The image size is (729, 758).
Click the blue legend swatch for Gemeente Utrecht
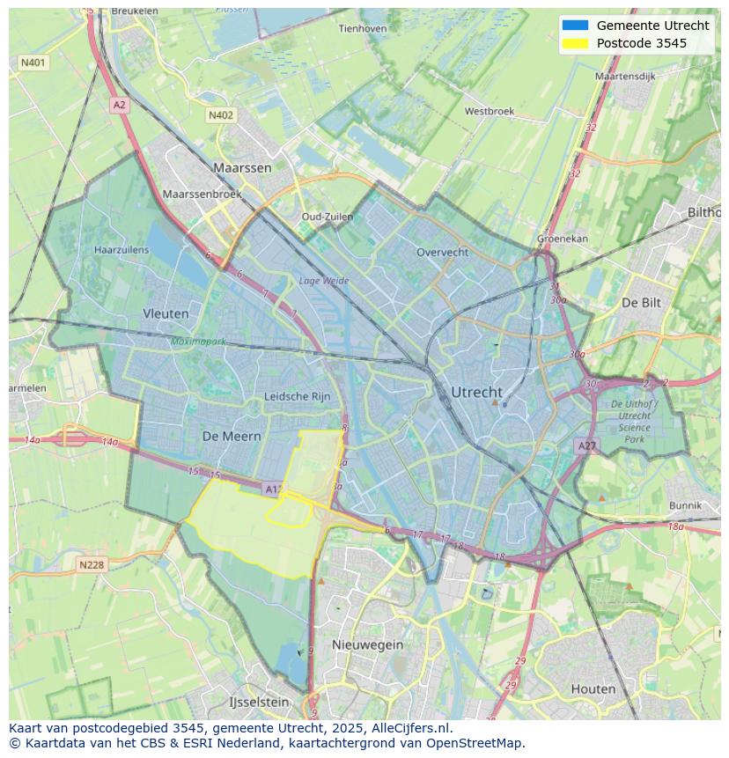tap(574, 26)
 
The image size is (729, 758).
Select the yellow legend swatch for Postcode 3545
tap(574, 43)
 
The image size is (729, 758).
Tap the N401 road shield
tap(33, 63)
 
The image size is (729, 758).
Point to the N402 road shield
tap(221, 115)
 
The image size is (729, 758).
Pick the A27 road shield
tap(587, 446)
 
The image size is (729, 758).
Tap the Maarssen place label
tap(242, 167)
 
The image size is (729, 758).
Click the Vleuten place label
tap(166, 313)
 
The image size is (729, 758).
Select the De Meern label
tap(232, 436)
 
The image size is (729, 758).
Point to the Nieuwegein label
tap(367, 644)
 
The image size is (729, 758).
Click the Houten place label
tap(593, 688)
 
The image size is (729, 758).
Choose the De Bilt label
tap(641, 302)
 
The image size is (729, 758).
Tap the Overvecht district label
tap(442, 252)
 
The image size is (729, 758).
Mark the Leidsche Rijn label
tap(298, 397)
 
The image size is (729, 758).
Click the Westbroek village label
tap(490, 112)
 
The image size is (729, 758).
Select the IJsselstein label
tap(259, 703)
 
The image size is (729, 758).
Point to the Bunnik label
tap(685, 505)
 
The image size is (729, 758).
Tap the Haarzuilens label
tap(121, 250)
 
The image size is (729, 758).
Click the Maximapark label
tap(199, 342)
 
